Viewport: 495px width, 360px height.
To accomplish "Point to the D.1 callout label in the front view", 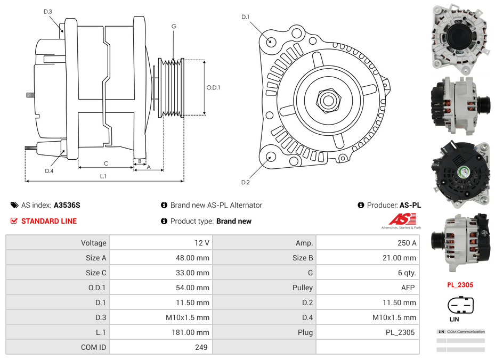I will tap(245, 17).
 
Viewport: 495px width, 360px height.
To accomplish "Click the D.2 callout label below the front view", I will tap(245, 183).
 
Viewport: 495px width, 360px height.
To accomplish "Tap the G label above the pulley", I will tap(174, 26).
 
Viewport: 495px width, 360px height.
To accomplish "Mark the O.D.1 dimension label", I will tap(213, 88).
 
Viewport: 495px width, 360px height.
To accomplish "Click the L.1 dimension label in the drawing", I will tap(103, 176).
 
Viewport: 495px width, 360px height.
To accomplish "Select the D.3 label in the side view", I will tap(48, 11).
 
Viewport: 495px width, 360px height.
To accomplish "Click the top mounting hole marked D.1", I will tap(271, 42).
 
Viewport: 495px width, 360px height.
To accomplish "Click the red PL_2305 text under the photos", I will tap(460, 285).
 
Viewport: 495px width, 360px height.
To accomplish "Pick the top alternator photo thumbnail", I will tap(459, 36).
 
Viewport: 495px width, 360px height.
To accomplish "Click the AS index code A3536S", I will tap(67, 205).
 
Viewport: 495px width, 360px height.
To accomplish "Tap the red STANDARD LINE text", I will tap(48, 221).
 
